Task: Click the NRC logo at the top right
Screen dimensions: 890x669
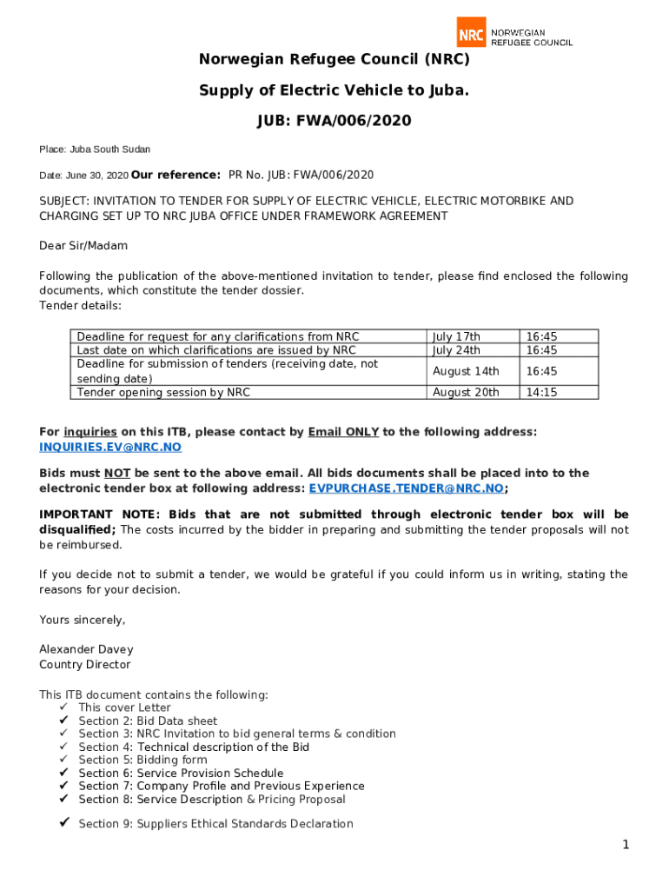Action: click(513, 32)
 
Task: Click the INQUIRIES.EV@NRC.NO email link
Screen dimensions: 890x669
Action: click(110, 447)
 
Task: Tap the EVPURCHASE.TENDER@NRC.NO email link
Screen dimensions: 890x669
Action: click(406, 488)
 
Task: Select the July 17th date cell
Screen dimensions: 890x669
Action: click(456, 336)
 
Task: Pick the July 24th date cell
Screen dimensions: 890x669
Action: click(456, 350)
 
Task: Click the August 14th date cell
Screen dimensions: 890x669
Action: click(465, 371)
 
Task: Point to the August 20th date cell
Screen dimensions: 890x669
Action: click(466, 392)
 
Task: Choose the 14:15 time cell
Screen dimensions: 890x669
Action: click(541, 392)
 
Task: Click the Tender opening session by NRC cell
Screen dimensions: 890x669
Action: click(163, 392)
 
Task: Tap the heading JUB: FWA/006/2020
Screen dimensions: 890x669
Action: click(334, 121)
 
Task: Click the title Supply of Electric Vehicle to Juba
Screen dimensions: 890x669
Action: click(334, 90)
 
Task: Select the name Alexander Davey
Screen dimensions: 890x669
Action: click(86, 649)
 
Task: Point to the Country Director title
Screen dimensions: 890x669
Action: click(85, 665)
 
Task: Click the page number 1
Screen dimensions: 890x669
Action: click(625, 845)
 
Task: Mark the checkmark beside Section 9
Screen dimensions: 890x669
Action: click(63, 823)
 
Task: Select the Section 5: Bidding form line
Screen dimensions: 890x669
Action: click(142, 760)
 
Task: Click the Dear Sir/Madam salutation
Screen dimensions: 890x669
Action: click(83, 246)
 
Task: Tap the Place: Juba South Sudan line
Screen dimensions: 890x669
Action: click(95, 149)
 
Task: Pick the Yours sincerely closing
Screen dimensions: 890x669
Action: click(83, 620)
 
